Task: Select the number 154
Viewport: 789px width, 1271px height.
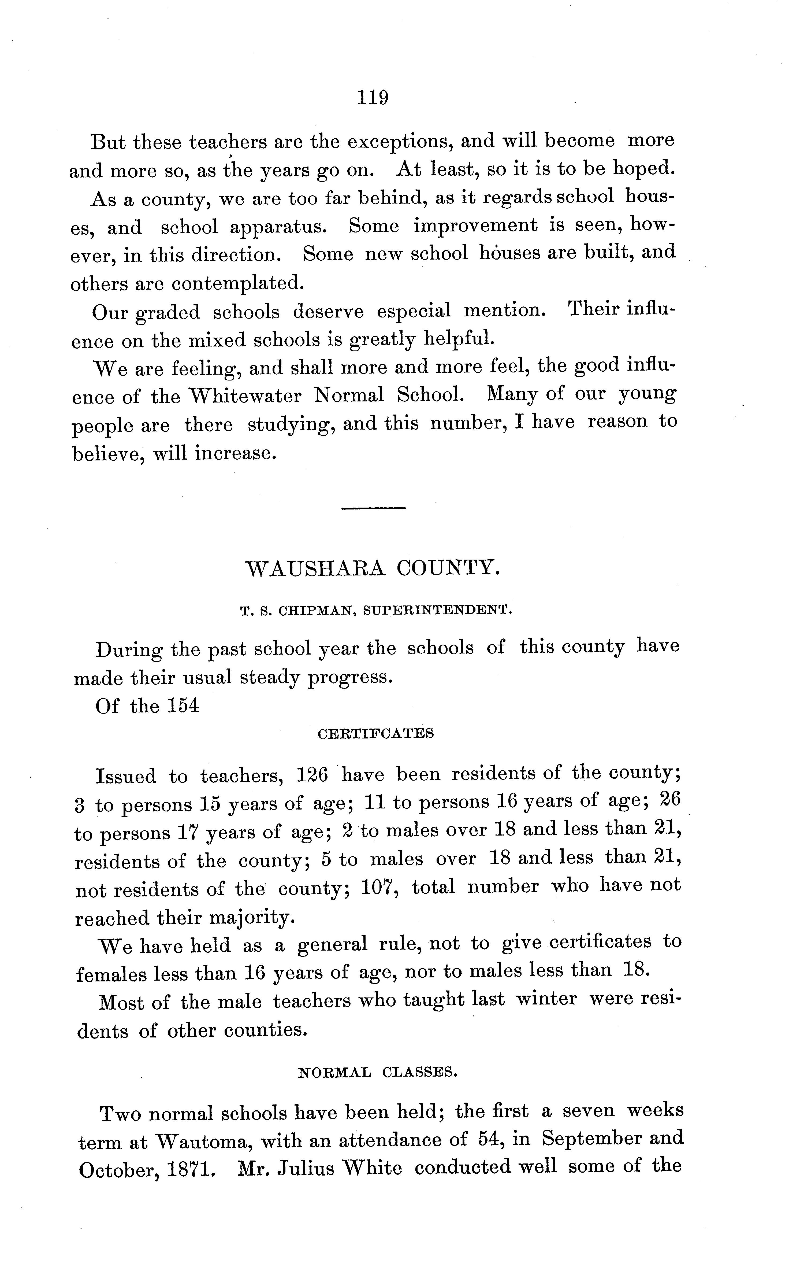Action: (184, 706)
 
